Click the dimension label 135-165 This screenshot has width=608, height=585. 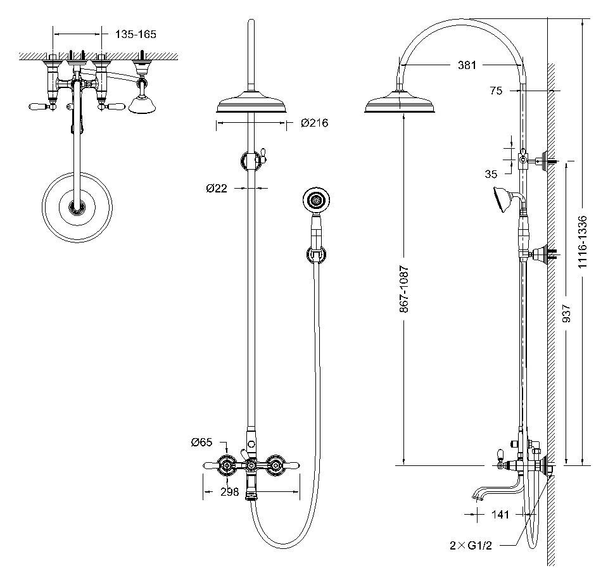click(x=136, y=34)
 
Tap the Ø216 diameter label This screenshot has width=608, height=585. click(x=315, y=123)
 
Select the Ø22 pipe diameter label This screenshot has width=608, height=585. click(x=217, y=189)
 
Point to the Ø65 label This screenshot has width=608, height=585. click(x=201, y=442)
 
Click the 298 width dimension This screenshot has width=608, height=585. click(x=229, y=492)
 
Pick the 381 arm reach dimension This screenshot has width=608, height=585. click(x=467, y=65)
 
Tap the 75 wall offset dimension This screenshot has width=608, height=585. click(x=496, y=91)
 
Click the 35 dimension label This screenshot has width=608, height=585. click(x=491, y=174)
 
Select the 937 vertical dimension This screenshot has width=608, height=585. click(x=566, y=313)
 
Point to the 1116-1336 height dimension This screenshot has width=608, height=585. click(x=583, y=241)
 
